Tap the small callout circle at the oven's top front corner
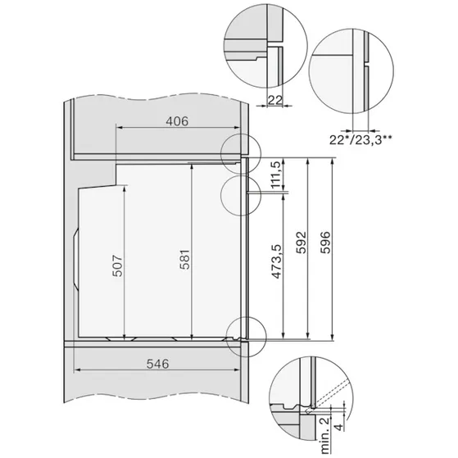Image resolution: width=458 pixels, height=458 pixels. (x=240, y=151)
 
